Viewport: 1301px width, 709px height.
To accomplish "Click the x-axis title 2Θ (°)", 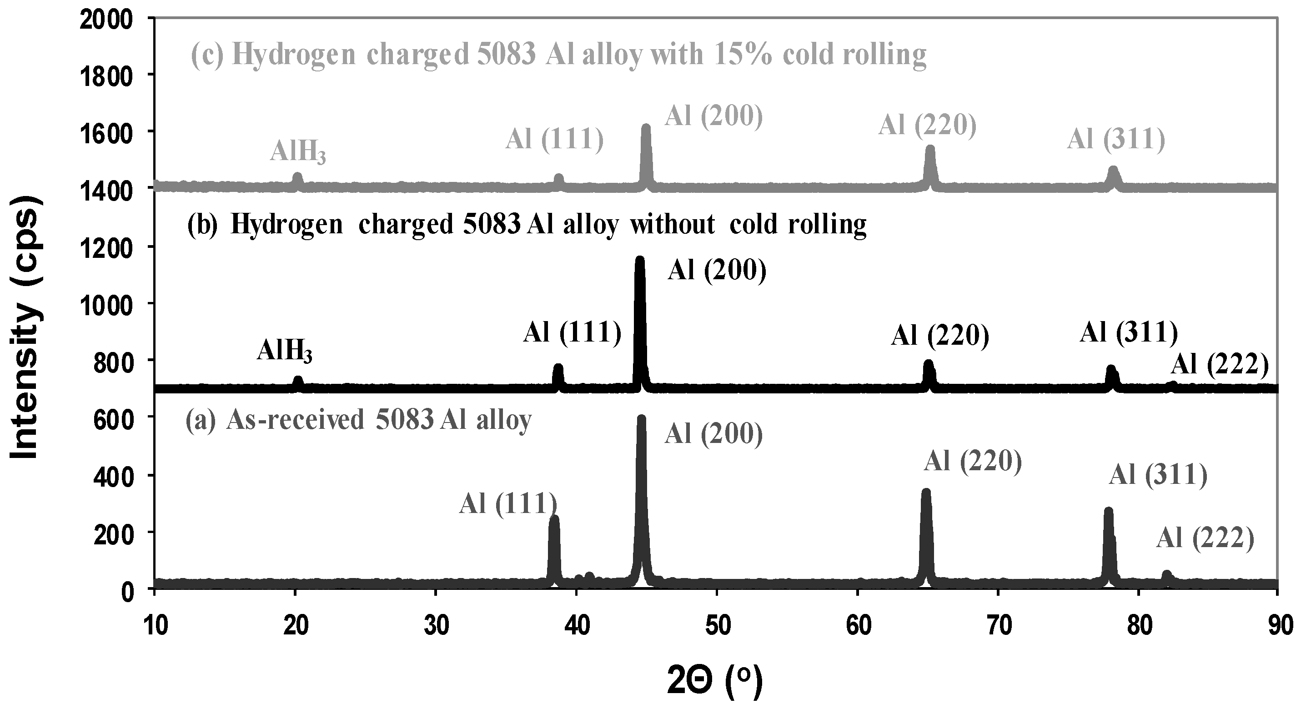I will coord(715,682).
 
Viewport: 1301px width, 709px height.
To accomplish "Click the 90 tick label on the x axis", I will coord(1278,625).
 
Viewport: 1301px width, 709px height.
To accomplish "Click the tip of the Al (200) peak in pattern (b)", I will coord(639,260).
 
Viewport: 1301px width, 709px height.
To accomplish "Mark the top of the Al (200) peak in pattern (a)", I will coord(642,419).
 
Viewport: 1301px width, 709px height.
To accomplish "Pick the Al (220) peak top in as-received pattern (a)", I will coord(926,492).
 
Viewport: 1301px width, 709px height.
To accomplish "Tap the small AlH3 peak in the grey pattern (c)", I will coord(297,176).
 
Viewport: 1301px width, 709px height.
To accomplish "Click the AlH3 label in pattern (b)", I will coord(284,351).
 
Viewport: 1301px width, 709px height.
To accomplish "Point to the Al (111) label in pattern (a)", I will coord(507,503).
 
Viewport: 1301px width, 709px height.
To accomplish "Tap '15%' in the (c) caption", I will coord(744,54).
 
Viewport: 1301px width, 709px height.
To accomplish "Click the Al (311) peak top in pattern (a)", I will coord(1109,511).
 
